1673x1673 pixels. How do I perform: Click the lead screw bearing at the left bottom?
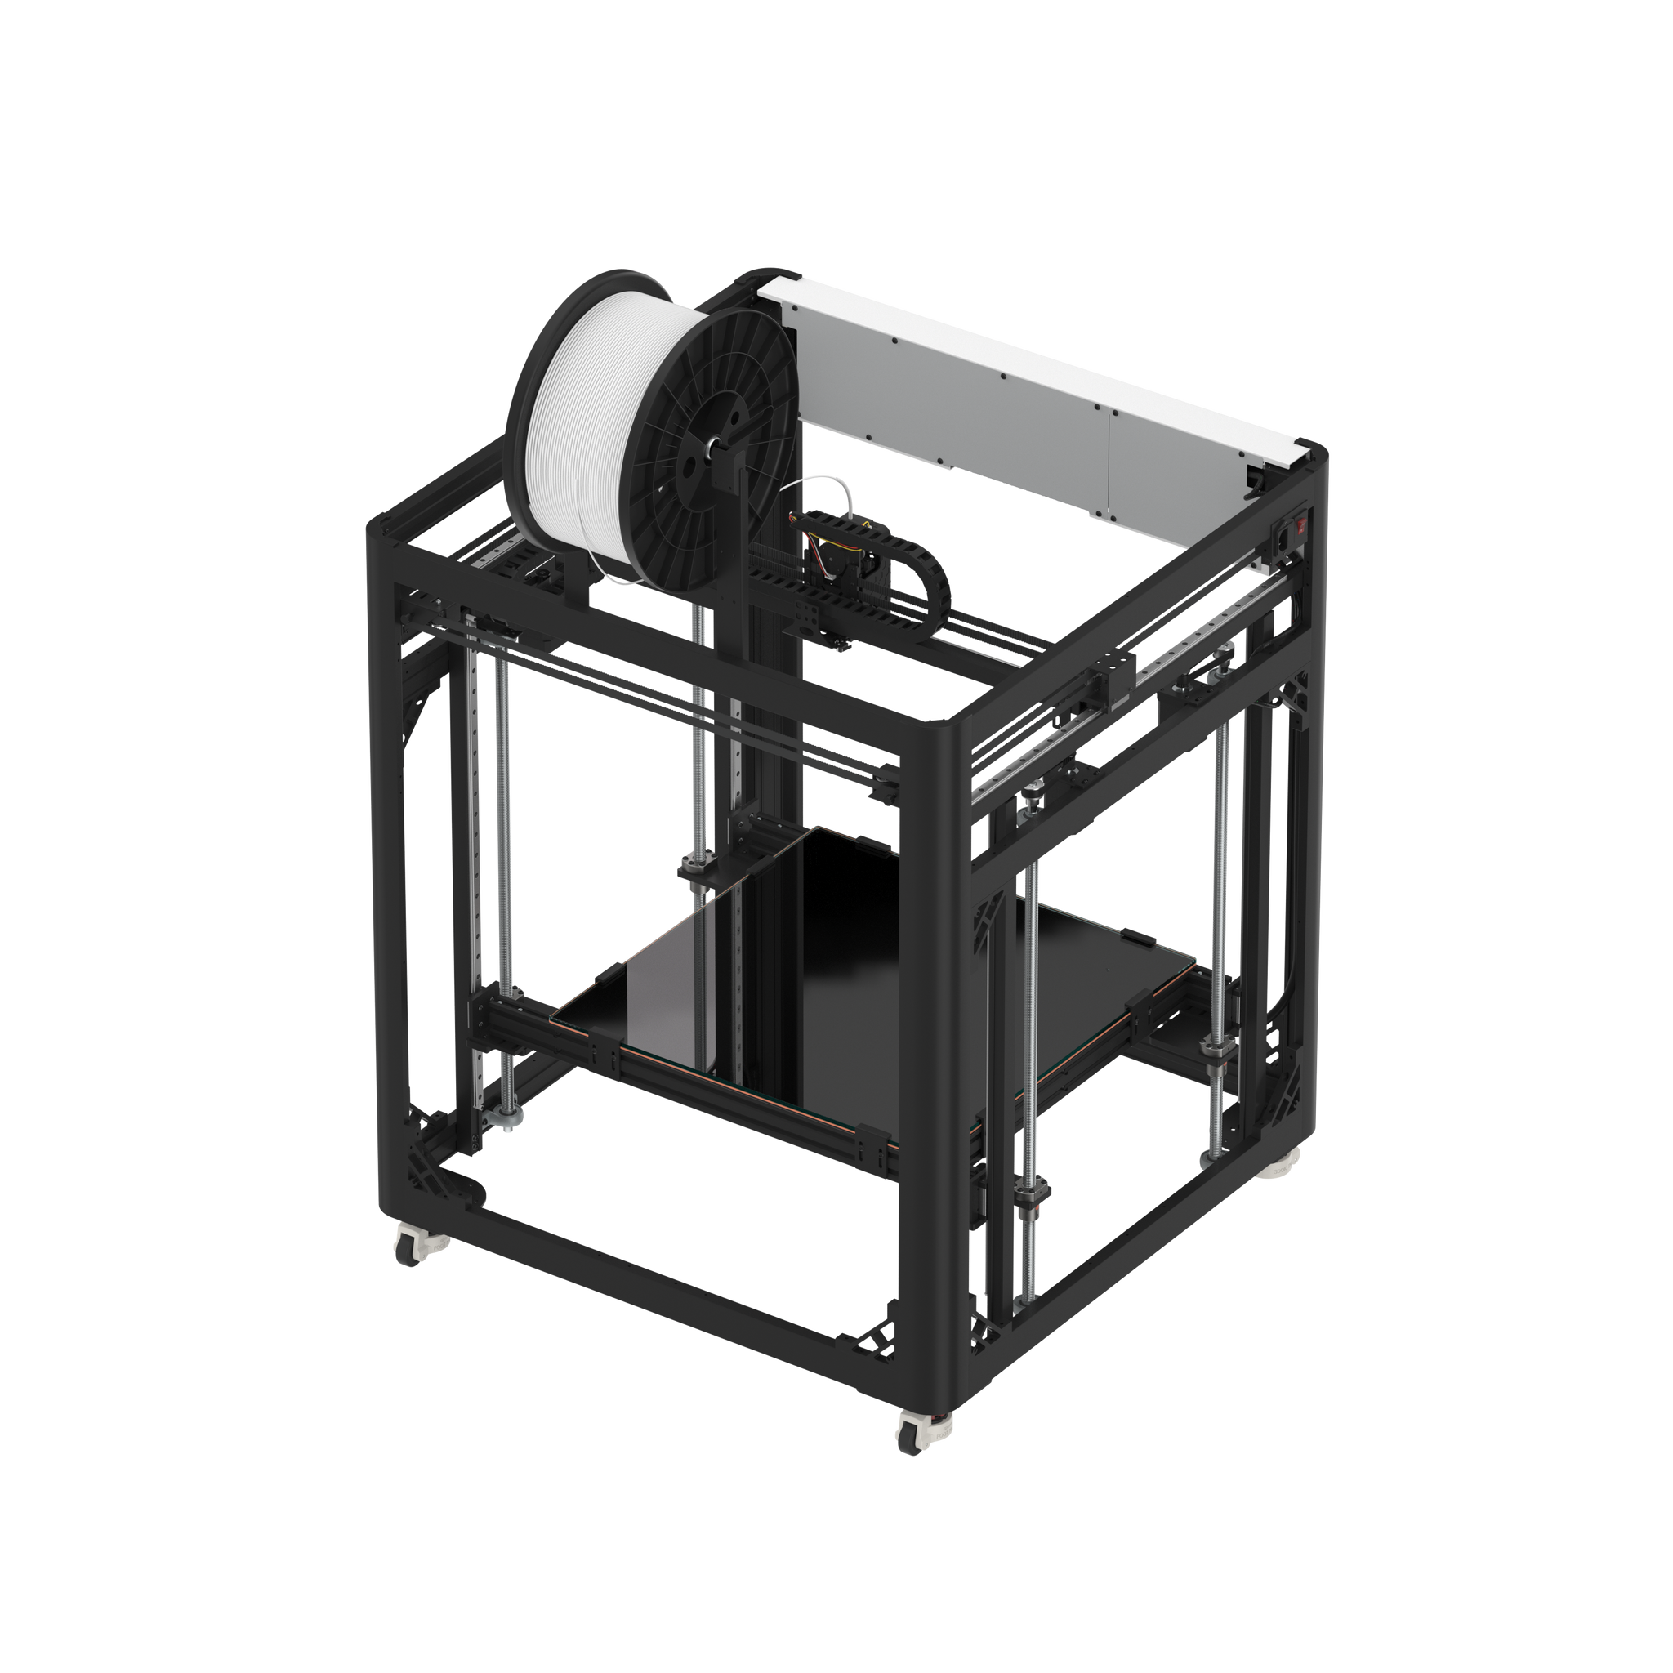click(507, 1117)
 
